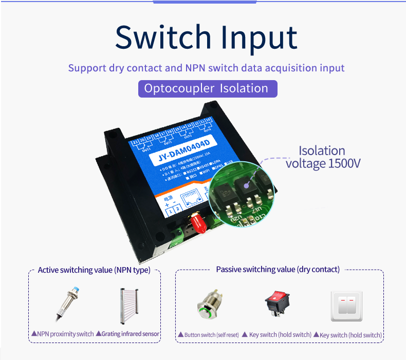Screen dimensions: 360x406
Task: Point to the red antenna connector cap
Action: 196,222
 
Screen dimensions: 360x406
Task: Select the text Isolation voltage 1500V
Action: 323,157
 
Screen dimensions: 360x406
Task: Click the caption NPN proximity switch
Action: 63,334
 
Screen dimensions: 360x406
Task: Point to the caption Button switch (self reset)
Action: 208,335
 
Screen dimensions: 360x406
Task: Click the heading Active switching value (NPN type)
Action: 94,270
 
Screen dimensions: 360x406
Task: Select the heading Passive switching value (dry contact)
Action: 278,270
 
